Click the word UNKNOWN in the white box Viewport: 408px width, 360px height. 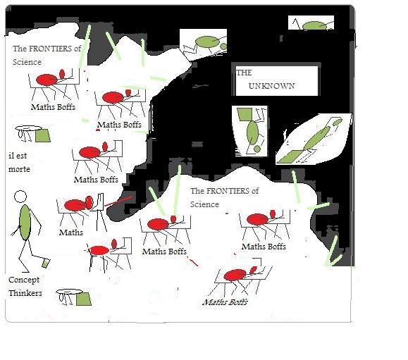pyautogui.click(x=271, y=86)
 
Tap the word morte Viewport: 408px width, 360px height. pyautogui.click(x=19, y=169)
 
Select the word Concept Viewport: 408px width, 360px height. pyautogui.click(x=24, y=280)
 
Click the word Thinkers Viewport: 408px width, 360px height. pyautogui.click(x=25, y=293)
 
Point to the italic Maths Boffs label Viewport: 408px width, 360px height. pyautogui.click(x=225, y=302)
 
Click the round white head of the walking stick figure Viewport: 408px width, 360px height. pyautogui.click(x=20, y=197)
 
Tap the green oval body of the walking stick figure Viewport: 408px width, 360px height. pyautogui.click(x=25, y=222)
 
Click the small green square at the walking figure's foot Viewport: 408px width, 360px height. pyautogui.click(x=46, y=263)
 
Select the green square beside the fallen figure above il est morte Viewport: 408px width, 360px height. pyautogui.click(x=43, y=135)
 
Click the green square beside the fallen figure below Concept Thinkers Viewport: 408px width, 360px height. pyautogui.click(x=84, y=299)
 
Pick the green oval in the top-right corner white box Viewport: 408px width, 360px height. pyautogui.click(x=314, y=26)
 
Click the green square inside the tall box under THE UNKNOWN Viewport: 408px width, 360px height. pyautogui.click(x=245, y=114)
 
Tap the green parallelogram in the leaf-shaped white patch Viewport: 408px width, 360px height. pyautogui.click(x=290, y=156)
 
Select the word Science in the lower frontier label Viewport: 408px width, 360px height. pyautogui.click(x=204, y=204)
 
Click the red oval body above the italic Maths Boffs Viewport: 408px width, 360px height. pyautogui.click(x=235, y=275)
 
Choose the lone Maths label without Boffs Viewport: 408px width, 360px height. pyautogui.click(x=71, y=232)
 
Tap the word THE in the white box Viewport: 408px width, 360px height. pyautogui.click(x=244, y=73)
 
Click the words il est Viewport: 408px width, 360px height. pyautogui.click(x=18, y=156)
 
